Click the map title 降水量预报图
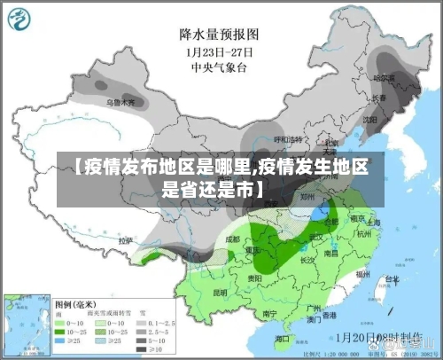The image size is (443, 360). tap(218, 35)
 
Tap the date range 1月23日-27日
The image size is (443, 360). tap(218, 51)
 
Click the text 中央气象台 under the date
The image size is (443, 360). tap(218, 66)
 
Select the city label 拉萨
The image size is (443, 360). tap(126, 239)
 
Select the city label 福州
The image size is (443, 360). tap(361, 274)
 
